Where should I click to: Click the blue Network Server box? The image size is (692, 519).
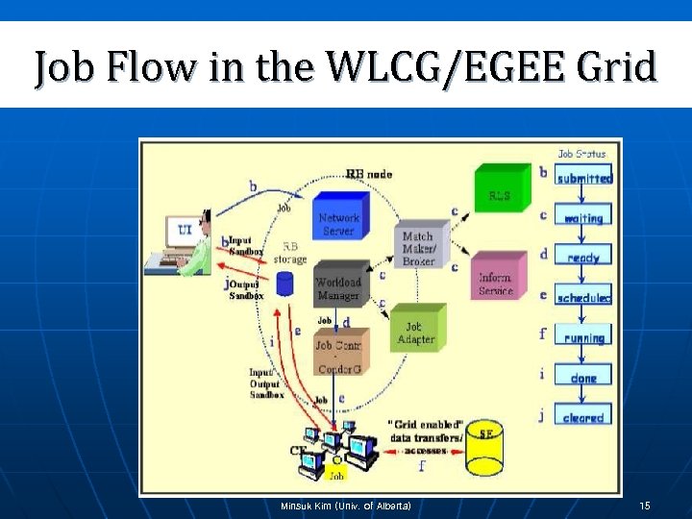point(338,223)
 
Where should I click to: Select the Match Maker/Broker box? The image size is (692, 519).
point(418,247)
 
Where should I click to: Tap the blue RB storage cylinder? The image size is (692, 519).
point(284,284)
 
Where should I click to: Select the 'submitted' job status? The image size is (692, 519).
point(584,178)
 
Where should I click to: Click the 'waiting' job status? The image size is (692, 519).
point(584,218)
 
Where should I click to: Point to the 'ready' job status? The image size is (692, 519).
point(583,258)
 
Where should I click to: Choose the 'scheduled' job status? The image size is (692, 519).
point(583,298)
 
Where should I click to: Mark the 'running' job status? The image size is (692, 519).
point(583,337)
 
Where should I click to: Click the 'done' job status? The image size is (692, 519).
point(583,378)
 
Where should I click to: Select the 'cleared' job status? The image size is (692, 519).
point(583,417)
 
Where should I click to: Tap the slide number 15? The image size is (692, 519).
point(645,506)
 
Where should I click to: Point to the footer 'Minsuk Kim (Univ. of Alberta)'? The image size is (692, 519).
point(345,506)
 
